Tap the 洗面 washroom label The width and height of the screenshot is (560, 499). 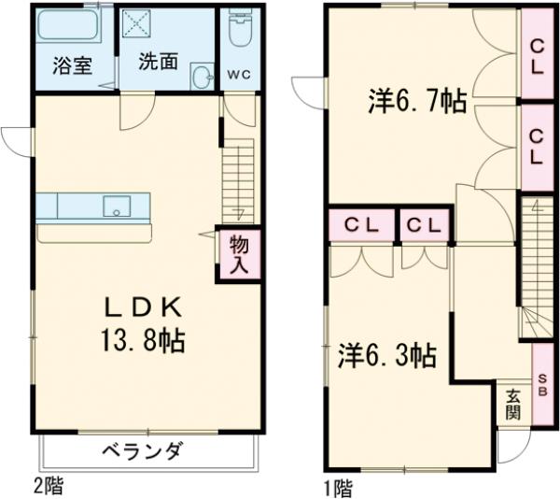pyautogui.click(x=158, y=62)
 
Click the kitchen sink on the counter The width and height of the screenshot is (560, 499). pyautogui.click(x=117, y=205)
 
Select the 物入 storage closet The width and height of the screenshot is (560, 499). pyautogui.click(x=239, y=253)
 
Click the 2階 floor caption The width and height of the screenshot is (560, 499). pyautogui.click(x=52, y=486)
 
